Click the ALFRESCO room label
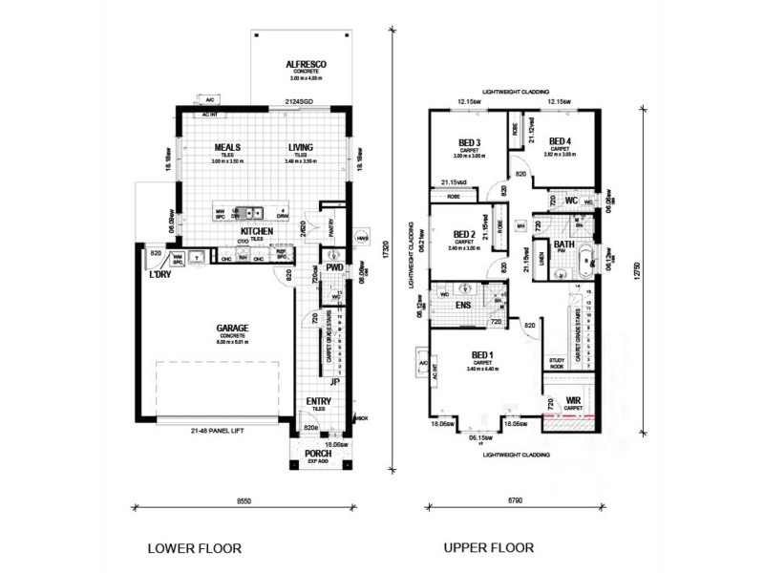307,64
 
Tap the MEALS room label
226,148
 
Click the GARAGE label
231,328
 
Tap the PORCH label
318,453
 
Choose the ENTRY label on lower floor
319,402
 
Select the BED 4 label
560,142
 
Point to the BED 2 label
464,234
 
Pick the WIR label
573,401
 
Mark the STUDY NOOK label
558,362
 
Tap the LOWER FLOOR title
194,548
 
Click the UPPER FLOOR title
490,548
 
